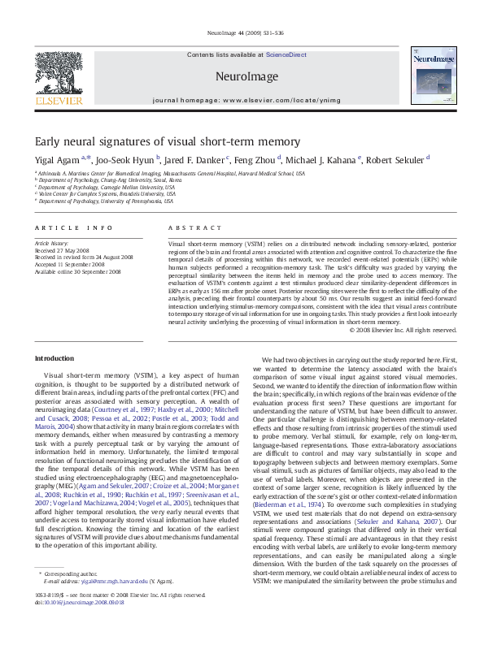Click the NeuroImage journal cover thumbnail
(429, 77)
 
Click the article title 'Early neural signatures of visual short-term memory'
(167, 141)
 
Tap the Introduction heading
(55, 358)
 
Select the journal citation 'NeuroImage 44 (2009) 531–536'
(242, 33)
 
